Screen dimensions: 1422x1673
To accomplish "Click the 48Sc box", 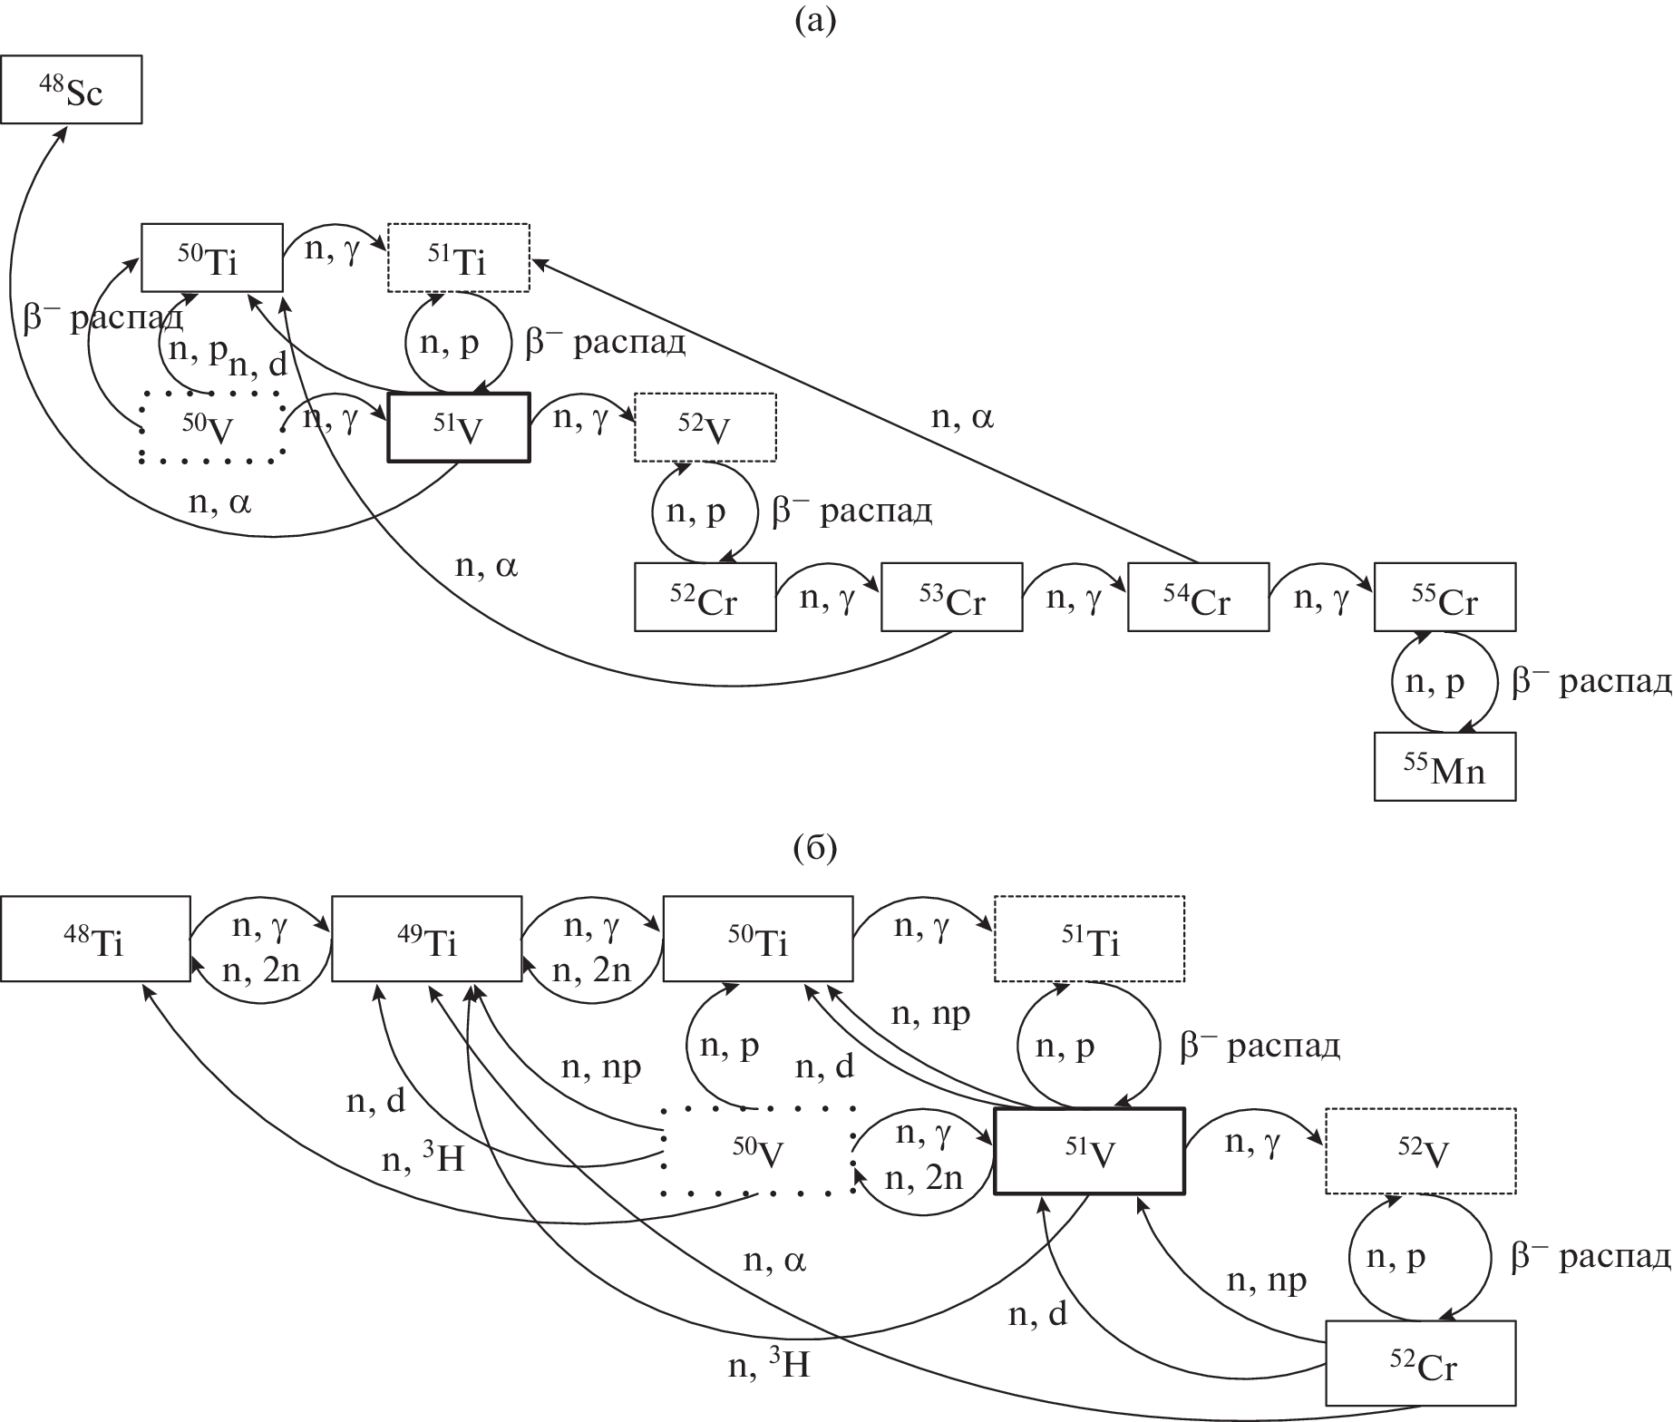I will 71,89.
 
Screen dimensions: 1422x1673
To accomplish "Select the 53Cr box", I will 951,597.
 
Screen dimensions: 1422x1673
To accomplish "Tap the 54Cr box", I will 1198,597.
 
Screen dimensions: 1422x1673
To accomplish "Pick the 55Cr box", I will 1444,597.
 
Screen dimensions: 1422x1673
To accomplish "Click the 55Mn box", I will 1444,767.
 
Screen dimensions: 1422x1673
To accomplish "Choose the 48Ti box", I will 95,939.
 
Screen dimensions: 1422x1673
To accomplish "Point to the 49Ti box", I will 426,939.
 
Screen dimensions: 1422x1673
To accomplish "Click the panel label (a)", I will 814,19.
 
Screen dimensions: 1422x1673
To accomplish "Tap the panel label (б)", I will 814,849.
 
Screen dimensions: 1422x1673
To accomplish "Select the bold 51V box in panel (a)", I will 459,427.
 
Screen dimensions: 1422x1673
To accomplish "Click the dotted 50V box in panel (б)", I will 758,1151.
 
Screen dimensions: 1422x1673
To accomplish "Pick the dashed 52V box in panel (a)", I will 705,427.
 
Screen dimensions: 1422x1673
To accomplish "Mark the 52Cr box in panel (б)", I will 1421,1363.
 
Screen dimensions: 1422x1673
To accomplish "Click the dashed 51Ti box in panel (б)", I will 1089,939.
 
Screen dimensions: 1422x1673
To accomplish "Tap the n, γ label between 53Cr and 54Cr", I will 1074,599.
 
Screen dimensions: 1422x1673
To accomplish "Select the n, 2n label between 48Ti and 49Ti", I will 260,971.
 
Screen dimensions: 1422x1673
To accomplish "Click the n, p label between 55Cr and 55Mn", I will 1435,682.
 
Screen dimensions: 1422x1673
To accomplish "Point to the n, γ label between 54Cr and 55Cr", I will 1320,599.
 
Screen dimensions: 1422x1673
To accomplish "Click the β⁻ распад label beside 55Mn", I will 1590,682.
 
